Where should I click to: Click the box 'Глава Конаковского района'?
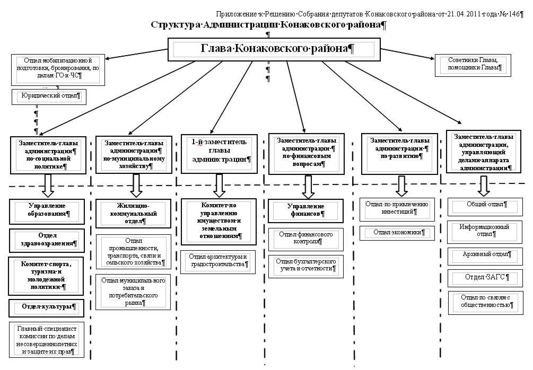click(x=274, y=49)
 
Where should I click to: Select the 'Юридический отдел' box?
click(x=49, y=96)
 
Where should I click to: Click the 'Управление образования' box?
click(x=47, y=209)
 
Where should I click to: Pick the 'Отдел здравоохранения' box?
click(x=47, y=240)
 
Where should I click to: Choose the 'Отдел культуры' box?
click(x=47, y=306)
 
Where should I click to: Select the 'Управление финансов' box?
click(x=305, y=210)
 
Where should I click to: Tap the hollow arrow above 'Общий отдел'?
click(x=483, y=186)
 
